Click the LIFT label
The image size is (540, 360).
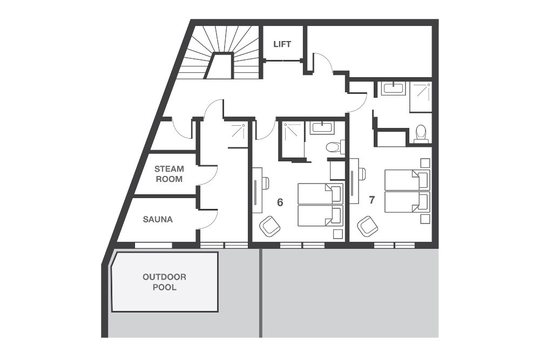click(x=282, y=44)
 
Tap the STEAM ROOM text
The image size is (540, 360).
click(x=169, y=174)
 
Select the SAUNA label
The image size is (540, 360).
click(x=158, y=220)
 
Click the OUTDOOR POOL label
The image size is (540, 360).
click(x=164, y=282)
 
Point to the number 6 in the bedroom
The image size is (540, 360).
click(x=280, y=202)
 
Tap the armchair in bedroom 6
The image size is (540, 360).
click(x=269, y=226)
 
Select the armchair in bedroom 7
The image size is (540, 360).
click(x=367, y=226)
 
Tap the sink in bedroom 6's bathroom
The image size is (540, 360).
click(x=322, y=128)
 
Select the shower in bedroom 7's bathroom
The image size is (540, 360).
click(x=420, y=97)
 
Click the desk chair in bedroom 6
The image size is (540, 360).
click(x=265, y=183)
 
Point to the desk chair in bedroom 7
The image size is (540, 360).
click(x=361, y=174)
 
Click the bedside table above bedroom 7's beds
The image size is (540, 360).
click(x=425, y=163)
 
